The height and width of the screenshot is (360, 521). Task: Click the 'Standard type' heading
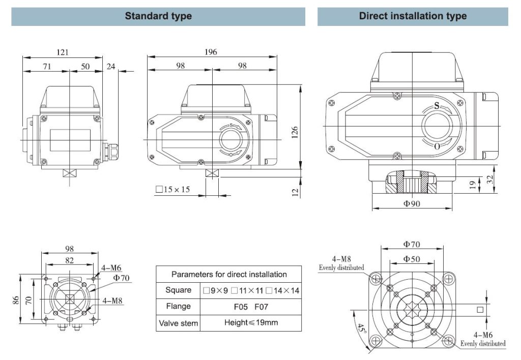coord(158,16)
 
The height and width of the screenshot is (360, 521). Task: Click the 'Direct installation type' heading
coord(413,16)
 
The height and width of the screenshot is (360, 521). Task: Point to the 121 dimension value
coord(63,52)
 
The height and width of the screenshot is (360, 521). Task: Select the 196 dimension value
coord(211,52)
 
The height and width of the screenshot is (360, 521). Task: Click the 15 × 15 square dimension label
coord(172,190)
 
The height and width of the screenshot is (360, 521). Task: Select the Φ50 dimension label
coord(412,259)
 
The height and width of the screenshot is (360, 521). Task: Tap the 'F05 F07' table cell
coord(250,307)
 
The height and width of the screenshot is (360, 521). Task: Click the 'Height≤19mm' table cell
coord(250,322)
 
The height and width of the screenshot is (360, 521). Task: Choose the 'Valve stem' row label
coord(178,323)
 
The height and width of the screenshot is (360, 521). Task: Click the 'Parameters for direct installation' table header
coord(229,274)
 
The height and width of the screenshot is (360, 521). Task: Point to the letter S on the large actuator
coord(437,106)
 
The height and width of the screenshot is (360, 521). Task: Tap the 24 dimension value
coord(111,66)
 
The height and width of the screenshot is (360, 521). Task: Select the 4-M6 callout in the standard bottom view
coord(111,268)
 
